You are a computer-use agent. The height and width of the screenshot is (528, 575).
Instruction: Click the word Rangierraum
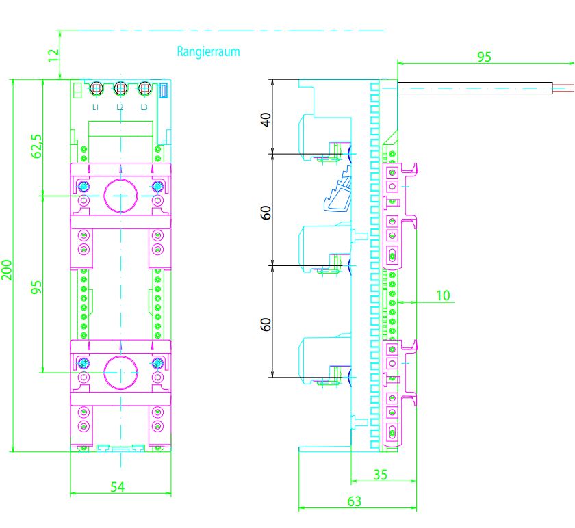[208, 51]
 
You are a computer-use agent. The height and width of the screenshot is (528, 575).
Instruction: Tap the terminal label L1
[96, 107]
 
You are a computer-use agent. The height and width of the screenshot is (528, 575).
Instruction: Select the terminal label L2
[120, 107]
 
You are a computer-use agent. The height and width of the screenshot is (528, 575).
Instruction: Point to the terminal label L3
[144, 107]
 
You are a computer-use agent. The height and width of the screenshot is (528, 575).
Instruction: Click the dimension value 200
[6, 270]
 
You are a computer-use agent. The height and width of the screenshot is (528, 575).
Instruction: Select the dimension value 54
[118, 486]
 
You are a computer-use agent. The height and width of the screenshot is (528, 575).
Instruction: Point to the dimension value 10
[443, 295]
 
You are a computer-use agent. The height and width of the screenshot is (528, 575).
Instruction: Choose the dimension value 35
[381, 474]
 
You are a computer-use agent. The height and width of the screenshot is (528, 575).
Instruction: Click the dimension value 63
[354, 501]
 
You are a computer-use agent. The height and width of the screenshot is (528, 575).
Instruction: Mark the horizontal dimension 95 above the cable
[484, 57]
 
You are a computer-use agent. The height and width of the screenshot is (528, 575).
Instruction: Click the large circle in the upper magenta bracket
[121, 195]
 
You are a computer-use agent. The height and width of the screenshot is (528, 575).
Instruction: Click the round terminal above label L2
[120, 88]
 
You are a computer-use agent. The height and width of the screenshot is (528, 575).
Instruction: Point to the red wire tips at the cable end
[564, 88]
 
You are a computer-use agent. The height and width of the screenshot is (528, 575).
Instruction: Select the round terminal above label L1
[97, 88]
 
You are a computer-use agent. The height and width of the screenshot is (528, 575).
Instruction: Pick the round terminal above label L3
[144, 88]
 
